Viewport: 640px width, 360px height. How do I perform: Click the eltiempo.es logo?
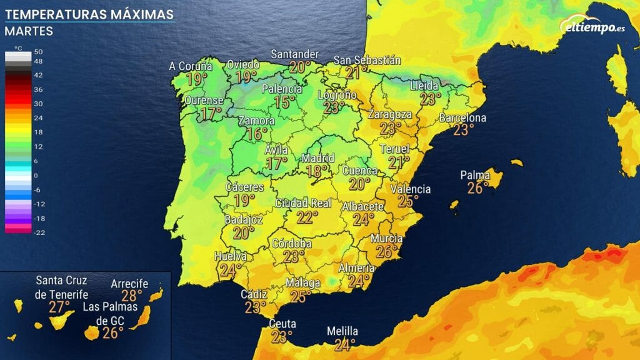pos(589,26)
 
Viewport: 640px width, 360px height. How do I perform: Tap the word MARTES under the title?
pos(29,31)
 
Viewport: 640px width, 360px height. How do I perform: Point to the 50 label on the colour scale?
pos(39,51)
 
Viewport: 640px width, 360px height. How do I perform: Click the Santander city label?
pos(295,54)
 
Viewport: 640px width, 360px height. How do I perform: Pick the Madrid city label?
pos(318,157)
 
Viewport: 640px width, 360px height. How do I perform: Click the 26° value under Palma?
pos(477,187)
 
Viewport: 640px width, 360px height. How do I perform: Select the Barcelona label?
pos(462,117)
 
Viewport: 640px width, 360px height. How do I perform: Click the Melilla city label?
pos(342,331)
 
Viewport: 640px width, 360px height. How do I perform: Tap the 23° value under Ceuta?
pos(282,337)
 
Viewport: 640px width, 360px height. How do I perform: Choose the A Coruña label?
pos(191,66)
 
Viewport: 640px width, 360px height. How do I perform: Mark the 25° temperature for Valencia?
pos(408,201)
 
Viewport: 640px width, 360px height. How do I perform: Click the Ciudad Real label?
pos(303,203)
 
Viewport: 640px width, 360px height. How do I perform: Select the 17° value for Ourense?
pos(211,114)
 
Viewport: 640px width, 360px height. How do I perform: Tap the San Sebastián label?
pos(367,60)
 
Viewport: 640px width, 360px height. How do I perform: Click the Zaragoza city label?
pos(390,114)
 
